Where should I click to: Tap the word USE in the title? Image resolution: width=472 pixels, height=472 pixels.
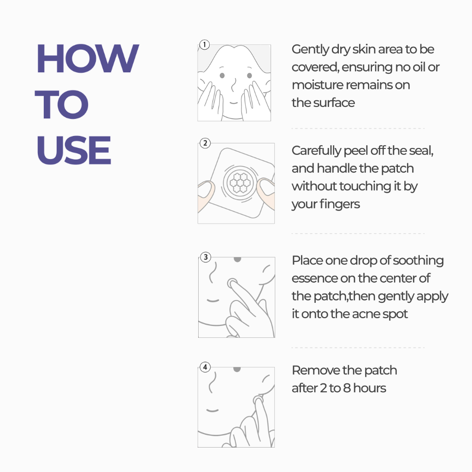tap(74, 150)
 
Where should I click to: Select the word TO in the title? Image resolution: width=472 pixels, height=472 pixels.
tap(62, 105)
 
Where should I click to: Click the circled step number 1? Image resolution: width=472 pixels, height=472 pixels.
tap(204, 45)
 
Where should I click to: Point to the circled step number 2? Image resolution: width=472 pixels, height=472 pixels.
tap(205, 143)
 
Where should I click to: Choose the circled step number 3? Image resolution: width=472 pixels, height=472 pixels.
tap(205, 257)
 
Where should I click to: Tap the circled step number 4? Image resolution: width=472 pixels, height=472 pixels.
tap(205, 367)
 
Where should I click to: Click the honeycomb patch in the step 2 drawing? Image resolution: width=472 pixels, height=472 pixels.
tap(239, 183)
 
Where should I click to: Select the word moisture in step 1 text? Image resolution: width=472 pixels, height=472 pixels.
tap(317, 85)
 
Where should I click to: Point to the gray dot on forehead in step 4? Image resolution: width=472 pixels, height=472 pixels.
tap(237, 369)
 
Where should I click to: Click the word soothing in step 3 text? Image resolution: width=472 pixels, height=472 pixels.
tap(419, 261)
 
